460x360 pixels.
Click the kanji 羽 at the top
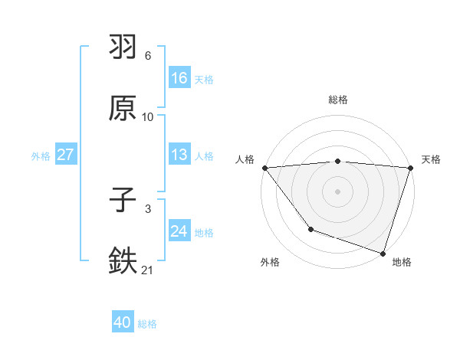click(123, 47)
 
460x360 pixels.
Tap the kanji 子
click(123, 201)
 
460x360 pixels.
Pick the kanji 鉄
click(123, 261)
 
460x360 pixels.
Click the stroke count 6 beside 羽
click(148, 56)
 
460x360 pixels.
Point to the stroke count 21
click(147, 270)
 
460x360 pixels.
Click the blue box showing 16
click(179, 78)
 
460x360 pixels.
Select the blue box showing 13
click(179, 155)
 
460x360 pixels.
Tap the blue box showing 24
click(179, 231)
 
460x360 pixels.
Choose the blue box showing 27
click(65, 155)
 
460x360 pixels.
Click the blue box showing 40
click(123, 323)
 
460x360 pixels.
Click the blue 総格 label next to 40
click(147, 324)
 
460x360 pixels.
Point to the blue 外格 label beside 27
click(41, 155)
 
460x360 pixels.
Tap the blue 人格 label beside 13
click(204, 155)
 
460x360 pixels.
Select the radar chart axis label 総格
click(338, 100)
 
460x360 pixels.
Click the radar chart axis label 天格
click(432, 159)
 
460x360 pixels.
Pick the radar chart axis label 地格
click(402, 262)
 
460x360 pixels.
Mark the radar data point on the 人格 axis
click(264, 168)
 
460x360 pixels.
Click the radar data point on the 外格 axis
click(310, 229)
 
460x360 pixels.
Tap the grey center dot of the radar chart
click(338, 191)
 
